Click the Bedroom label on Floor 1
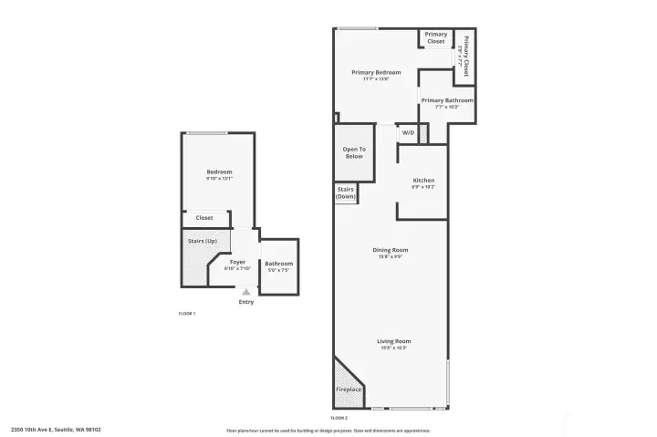coord(219,172)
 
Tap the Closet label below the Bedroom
coord(204,218)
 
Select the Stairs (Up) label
coord(202,241)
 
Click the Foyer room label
coord(237,263)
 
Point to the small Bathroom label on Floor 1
coord(279,265)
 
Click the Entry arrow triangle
coord(245,292)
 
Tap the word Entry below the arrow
coord(246,302)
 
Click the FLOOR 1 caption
coord(187,313)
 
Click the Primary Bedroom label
coord(376,72)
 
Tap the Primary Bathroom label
coord(447,100)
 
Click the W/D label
coord(408,133)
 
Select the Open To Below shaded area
coord(354,152)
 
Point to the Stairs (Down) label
coord(346,192)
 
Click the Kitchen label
coord(423,181)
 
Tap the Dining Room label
coord(390,250)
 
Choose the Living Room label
coord(392,341)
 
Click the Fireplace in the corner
coord(349,389)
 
